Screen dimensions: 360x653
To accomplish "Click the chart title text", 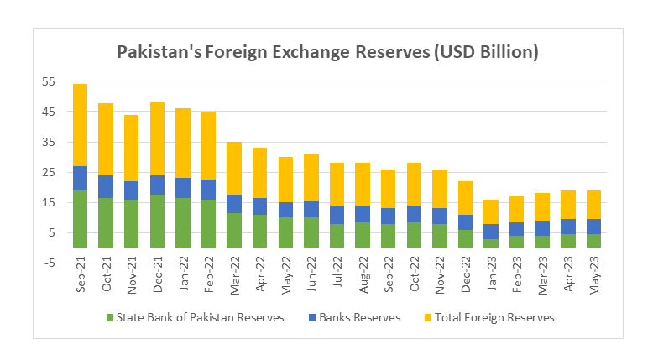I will point(326,52).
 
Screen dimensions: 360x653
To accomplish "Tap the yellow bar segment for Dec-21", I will point(157,138).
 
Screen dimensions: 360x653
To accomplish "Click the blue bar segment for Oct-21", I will point(106,186).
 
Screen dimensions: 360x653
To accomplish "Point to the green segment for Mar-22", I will point(234,230).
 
